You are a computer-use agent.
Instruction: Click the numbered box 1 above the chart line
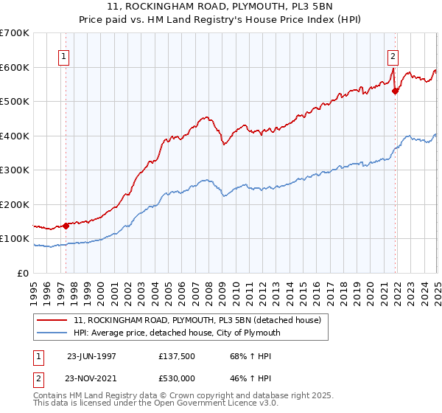pos(63,56)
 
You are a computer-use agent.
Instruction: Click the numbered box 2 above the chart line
pos(393,56)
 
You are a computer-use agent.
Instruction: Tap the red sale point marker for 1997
pos(66,226)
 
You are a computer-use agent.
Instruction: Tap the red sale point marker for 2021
pos(396,91)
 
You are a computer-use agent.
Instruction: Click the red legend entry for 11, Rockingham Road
pos(197,320)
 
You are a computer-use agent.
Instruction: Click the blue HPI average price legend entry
pos(176,333)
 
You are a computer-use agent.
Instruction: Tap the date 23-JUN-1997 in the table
pos(91,355)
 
